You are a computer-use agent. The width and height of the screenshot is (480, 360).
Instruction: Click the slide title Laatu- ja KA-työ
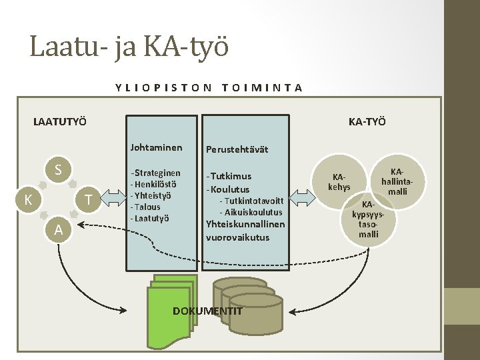129,47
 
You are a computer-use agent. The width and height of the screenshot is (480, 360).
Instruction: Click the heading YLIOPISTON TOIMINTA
209,87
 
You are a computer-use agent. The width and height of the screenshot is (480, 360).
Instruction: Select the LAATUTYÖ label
60,121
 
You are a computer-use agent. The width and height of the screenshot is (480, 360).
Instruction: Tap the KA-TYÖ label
367,121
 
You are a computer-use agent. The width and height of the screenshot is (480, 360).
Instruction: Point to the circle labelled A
59,229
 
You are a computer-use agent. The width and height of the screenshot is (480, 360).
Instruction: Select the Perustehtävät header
237,149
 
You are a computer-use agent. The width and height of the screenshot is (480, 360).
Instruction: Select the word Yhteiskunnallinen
246,224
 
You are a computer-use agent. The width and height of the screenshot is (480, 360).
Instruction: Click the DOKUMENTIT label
207,311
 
